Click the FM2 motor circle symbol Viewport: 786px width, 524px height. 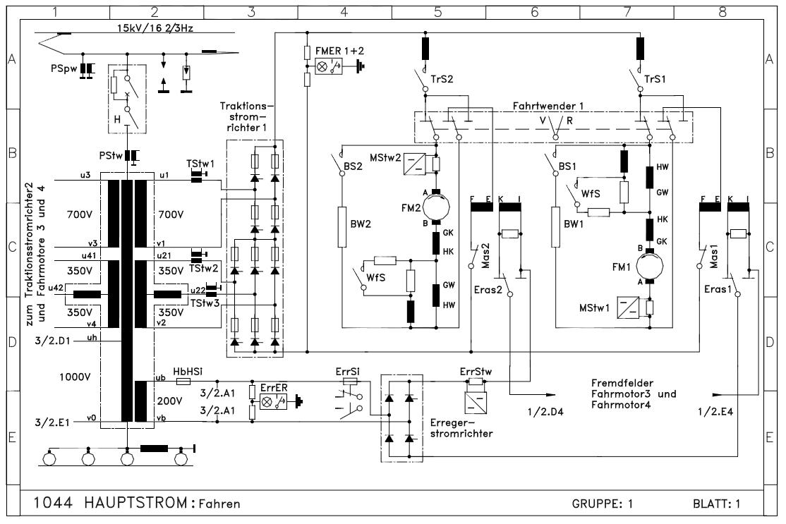coord(435,209)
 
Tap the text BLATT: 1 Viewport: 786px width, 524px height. coord(717,504)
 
